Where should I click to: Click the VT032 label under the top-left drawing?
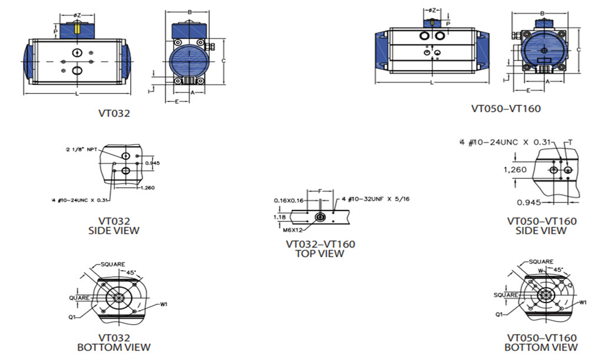(114, 113)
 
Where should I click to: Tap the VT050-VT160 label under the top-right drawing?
(506, 108)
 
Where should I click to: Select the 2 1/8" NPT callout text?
(82, 150)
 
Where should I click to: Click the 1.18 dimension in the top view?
(280, 217)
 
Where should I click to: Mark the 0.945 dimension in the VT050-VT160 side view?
(528, 202)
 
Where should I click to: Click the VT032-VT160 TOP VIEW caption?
(321, 249)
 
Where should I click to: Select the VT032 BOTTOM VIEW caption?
(114, 343)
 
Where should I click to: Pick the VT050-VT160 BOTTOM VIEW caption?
(541, 343)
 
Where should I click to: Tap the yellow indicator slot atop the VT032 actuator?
(77, 28)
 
